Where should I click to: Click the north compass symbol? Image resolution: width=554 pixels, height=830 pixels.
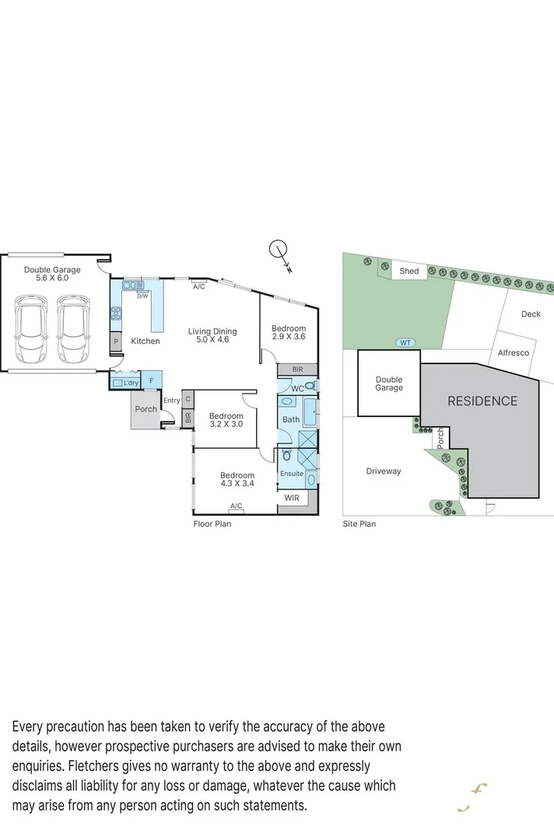pos(280,253)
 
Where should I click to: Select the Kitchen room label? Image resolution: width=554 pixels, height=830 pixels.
pos(145,341)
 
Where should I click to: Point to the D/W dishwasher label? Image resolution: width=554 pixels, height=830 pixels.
pos(142,296)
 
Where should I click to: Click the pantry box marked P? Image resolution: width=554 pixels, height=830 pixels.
pos(116,341)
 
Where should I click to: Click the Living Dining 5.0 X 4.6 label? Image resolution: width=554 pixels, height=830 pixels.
pos(212,335)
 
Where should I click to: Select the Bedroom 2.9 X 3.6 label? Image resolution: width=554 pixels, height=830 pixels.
pos(289,333)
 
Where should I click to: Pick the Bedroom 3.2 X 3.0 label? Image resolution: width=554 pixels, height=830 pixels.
pos(226,420)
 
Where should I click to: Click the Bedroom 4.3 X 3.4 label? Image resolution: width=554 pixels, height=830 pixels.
pos(237,479)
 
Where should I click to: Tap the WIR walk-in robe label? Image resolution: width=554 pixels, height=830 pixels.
pos(292,497)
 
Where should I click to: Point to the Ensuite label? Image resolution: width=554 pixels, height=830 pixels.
pos(291,473)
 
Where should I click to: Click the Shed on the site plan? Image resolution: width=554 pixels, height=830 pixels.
pos(409,271)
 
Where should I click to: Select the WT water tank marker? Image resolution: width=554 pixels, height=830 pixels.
pos(405,342)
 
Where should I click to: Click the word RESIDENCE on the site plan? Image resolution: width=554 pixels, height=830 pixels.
pos(482,401)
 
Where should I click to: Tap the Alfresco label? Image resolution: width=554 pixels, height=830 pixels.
pos(514,352)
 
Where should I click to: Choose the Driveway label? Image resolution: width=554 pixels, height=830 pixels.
pos(384,471)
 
